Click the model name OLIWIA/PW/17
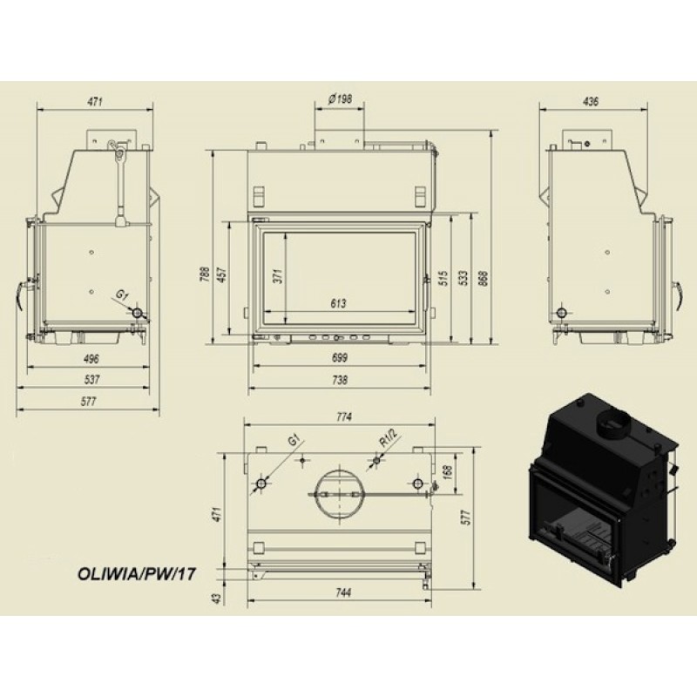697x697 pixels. pyautogui.click(x=137, y=573)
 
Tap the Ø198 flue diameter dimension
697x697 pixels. pyautogui.click(x=340, y=99)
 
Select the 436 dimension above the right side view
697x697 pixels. pyautogui.click(x=591, y=101)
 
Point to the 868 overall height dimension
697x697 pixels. pyautogui.click(x=484, y=278)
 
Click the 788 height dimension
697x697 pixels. pyautogui.click(x=205, y=274)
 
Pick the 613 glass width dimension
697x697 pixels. pyautogui.click(x=338, y=303)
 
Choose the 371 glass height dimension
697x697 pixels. pyautogui.click(x=278, y=276)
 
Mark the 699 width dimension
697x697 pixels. pyautogui.click(x=340, y=357)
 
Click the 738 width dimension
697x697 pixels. pyautogui.click(x=340, y=380)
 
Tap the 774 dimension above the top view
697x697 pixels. pyautogui.click(x=344, y=416)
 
